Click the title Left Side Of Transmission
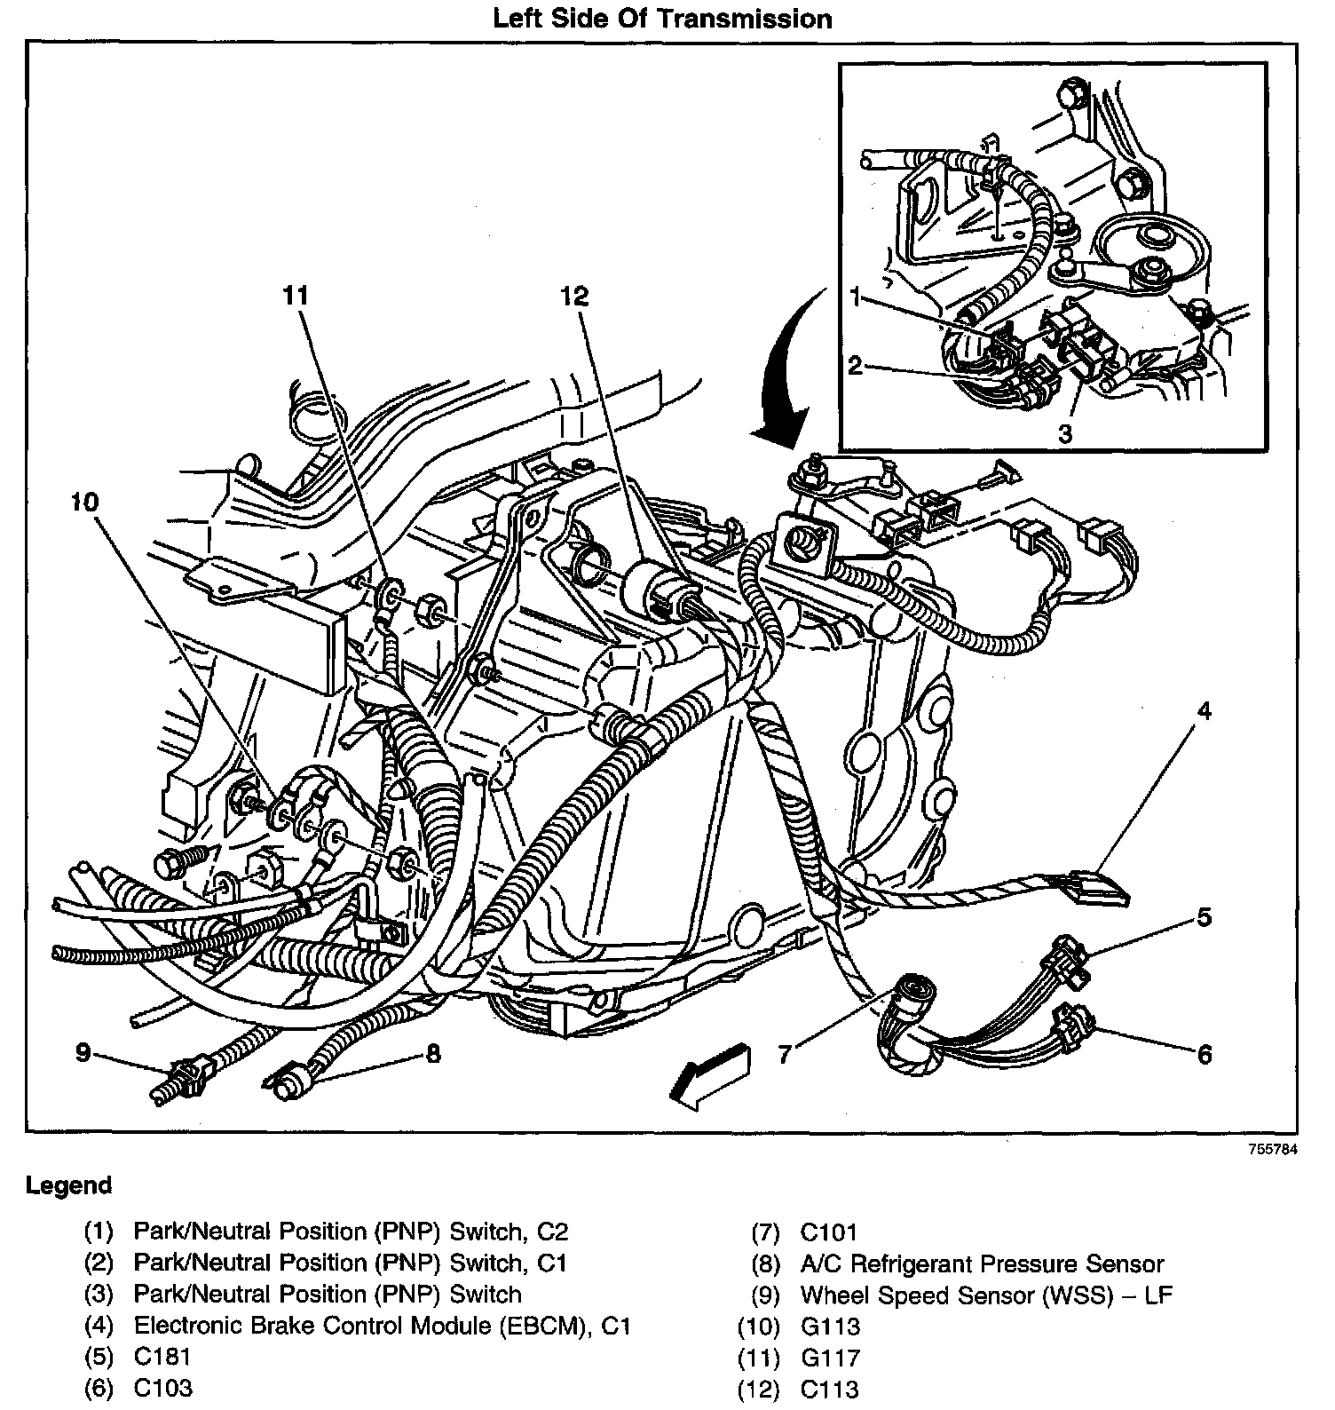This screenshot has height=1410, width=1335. point(662,19)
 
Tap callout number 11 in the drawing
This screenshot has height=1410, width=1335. point(296,296)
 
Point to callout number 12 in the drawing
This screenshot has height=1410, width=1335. point(575,296)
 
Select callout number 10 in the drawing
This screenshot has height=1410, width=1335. point(85,503)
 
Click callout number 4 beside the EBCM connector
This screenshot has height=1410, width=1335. point(1203,710)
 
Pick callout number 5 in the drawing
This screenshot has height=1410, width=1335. point(1203,916)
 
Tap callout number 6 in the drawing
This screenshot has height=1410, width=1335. point(1204,1054)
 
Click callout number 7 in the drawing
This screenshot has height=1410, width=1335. point(785,1054)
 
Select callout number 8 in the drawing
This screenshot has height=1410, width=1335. point(433,1054)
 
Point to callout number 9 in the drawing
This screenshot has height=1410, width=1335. point(83,1054)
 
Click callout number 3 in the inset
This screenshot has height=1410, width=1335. point(1065,434)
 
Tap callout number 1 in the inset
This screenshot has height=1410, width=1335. point(855,297)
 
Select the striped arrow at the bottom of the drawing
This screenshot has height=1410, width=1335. point(710,1076)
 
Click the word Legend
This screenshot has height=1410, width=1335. point(69,1185)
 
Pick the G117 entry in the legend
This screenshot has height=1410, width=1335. point(830,1357)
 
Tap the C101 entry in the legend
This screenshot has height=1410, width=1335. point(829,1232)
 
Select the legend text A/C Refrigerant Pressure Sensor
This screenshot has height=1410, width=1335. point(982,1263)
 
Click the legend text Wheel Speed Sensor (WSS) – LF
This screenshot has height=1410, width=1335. point(986,1295)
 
